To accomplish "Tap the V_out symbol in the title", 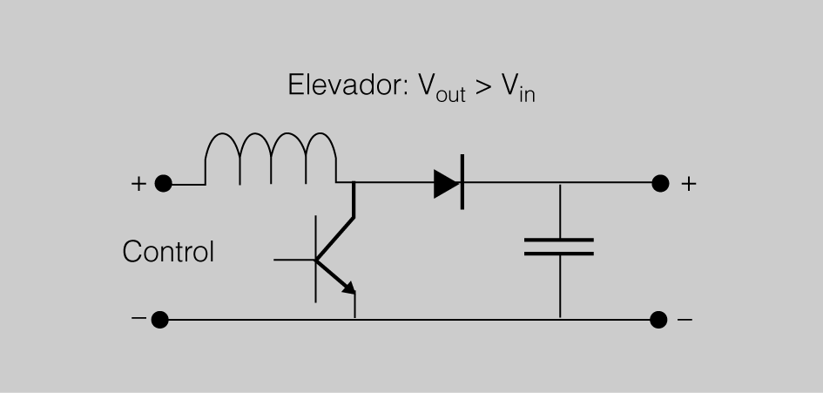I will pos(435,88).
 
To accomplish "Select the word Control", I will pos(168,252).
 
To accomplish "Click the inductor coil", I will pos(270,158).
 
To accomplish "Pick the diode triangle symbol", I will pos(445,184).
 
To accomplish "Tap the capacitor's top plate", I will pos(559,239).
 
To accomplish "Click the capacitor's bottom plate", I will pos(559,254).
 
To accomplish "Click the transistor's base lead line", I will pos(293,260).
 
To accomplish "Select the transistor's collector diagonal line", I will pos(336,236).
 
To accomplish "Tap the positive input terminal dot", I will pos(162,184).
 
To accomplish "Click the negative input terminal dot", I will pos(159,320).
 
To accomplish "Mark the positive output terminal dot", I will pos(660,184).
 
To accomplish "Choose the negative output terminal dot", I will pos(659,320).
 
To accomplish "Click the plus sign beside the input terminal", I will pos(138,184).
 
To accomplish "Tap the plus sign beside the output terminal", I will pos(688,184).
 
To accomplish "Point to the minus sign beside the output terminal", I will pos(685,320).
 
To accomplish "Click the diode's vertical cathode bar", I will pos(462,184).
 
